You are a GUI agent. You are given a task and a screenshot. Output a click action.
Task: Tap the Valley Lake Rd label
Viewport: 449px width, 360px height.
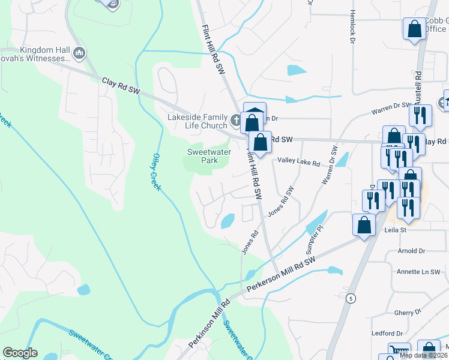pos(298,162)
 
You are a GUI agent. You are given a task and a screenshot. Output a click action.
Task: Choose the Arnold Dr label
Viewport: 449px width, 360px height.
pos(411,251)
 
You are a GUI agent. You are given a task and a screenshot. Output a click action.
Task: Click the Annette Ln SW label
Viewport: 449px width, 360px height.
pos(418,272)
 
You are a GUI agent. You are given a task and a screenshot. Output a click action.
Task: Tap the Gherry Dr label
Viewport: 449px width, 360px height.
pos(408,312)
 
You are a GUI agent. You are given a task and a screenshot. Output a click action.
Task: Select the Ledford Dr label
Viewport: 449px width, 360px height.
pos(387,333)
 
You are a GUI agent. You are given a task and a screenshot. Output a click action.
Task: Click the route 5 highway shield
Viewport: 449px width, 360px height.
pos(349,298)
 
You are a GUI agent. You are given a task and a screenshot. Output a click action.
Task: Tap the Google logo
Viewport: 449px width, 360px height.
pos(20,353)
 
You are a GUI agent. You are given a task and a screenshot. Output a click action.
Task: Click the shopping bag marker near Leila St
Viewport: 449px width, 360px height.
pos(364,225)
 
